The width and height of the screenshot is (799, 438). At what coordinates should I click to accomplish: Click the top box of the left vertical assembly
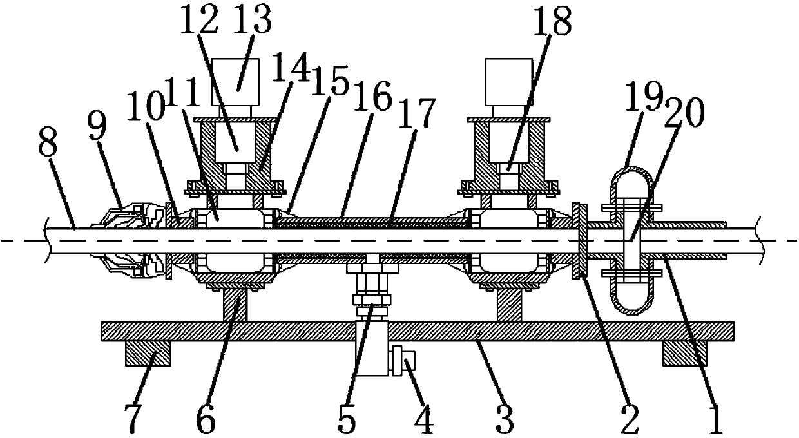pyautogui.click(x=236, y=82)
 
